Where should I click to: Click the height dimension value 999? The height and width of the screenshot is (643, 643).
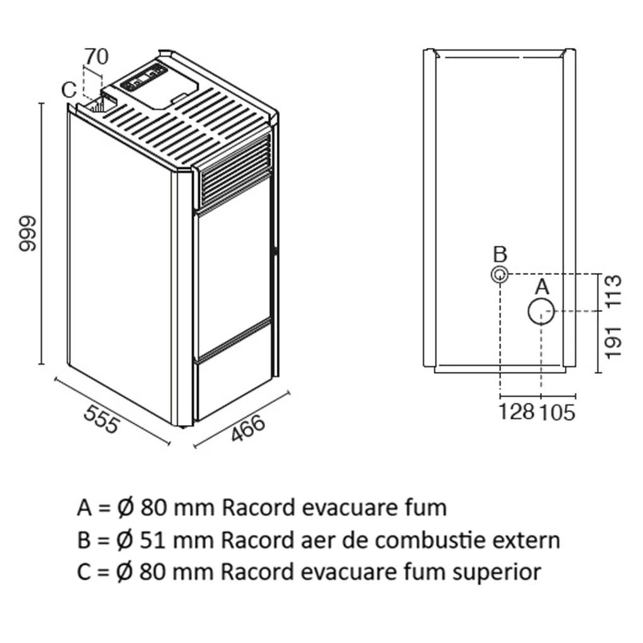[28, 234]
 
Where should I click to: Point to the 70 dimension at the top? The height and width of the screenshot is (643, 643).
[96, 56]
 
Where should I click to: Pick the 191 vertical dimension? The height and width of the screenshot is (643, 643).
[613, 342]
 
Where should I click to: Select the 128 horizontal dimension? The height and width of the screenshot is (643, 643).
[517, 412]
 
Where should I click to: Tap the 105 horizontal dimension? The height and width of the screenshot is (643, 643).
[557, 412]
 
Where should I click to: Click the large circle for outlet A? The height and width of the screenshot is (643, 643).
[541, 311]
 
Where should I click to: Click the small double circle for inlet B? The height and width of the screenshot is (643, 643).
[499, 275]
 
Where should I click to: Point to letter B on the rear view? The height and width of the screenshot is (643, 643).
[500, 255]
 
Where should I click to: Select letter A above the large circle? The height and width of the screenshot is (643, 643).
[542, 287]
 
